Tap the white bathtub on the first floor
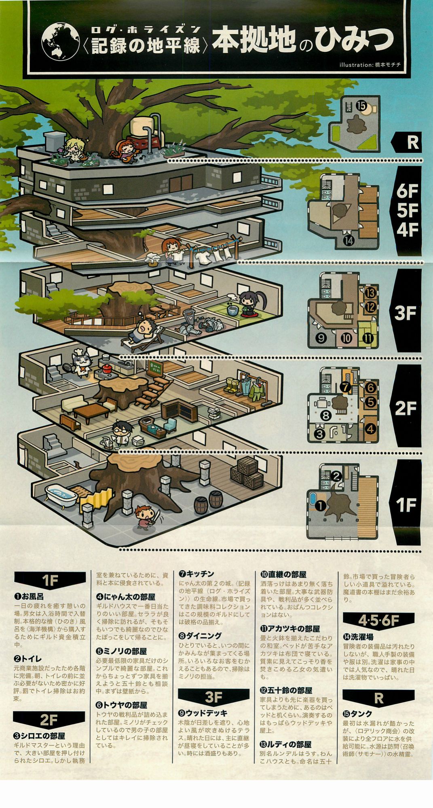click(60, 495)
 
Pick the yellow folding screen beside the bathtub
click(95, 502)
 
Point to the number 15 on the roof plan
click(361, 106)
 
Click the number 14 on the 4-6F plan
click(349, 241)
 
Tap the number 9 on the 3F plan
click(321, 338)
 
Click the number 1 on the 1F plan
click(320, 505)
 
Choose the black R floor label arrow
click(406, 142)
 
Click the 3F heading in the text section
click(213, 697)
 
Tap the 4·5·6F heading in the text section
click(378, 620)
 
